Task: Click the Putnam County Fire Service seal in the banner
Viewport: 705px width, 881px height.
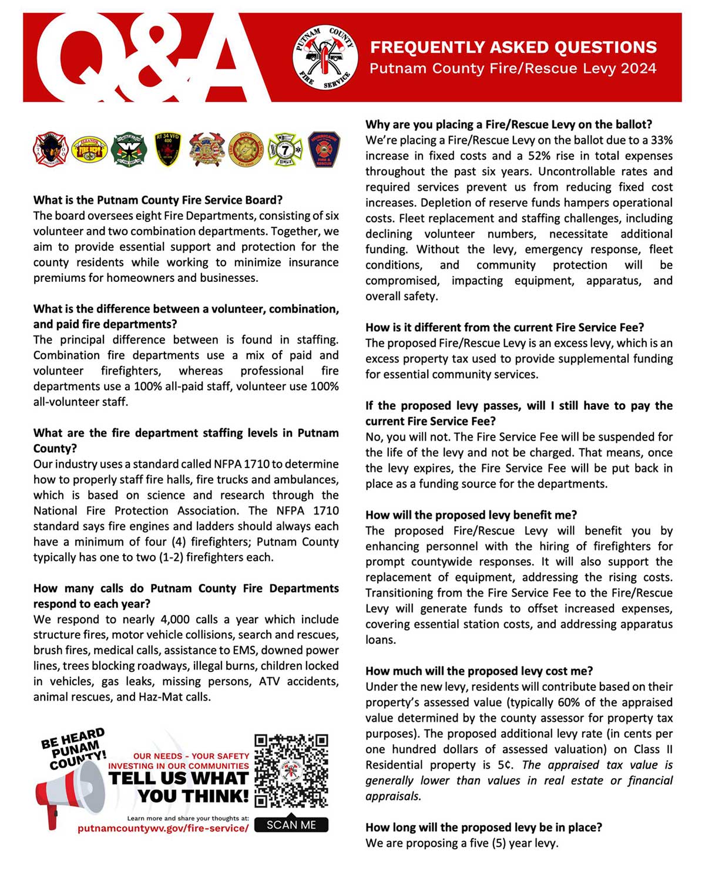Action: click(x=325, y=58)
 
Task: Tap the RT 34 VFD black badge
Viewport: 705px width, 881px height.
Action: click(x=167, y=149)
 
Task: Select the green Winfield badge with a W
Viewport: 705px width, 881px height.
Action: click(x=129, y=149)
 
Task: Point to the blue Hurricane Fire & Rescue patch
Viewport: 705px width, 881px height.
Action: click(x=324, y=149)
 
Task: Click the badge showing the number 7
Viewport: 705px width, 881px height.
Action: click(x=285, y=149)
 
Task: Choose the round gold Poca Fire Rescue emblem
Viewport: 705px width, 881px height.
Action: click(x=246, y=149)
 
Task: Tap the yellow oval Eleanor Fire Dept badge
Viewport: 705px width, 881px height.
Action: click(x=89, y=149)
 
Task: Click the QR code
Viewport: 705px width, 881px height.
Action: click(x=291, y=770)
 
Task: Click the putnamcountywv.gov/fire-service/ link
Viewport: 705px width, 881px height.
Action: click(x=163, y=828)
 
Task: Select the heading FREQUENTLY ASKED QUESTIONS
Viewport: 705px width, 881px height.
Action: click(x=513, y=47)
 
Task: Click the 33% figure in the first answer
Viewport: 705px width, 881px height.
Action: click(x=662, y=140)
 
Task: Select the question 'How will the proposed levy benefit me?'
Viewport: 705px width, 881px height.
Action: click(x=471, y=515)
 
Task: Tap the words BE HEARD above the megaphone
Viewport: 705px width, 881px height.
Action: click(x=72, y=739)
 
